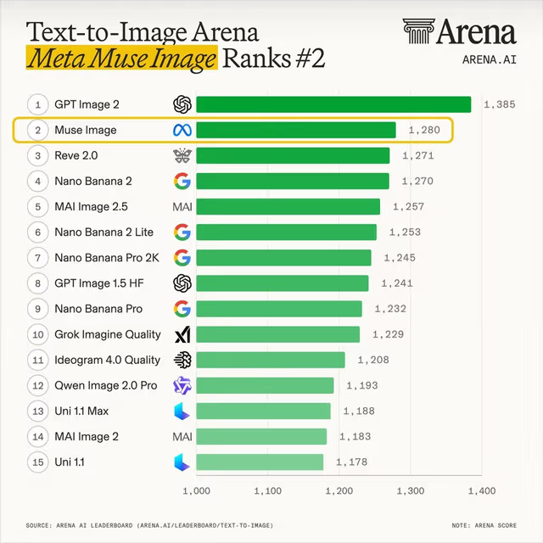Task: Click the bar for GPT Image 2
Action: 333,104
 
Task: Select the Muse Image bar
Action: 296,130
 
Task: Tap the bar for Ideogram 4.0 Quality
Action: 271,360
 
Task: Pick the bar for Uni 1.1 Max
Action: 264,411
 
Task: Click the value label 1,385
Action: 500,104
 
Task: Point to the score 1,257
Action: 408,207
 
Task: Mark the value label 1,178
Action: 351,462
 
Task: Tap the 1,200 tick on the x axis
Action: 339,490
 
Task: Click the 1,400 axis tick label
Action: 482,490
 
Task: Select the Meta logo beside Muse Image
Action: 182,130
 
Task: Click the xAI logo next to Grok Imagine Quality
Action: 182,334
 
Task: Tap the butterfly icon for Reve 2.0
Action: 182,156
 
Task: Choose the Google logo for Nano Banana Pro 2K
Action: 182,258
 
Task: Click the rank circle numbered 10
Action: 37,334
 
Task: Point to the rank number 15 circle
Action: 37,462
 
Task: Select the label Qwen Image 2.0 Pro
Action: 106,385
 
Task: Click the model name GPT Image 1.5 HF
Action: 99,283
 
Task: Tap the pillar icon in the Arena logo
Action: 418,31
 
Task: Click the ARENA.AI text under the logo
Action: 490,59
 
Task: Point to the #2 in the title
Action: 310,59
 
